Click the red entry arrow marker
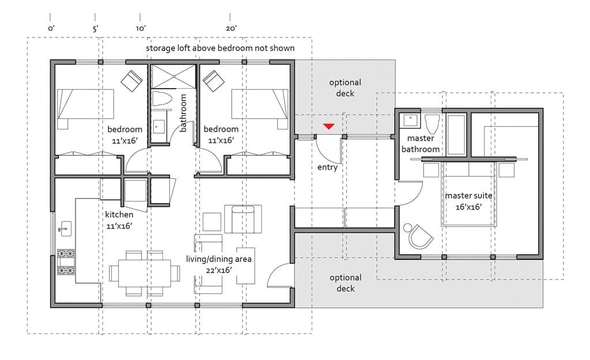point(329,126)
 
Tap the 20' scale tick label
point(231,29)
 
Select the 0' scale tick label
point(51,29)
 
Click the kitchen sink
point(66,229)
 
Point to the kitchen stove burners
point(66,262)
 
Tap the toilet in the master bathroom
point(432,123)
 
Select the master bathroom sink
point(410,120)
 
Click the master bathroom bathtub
point(456,135)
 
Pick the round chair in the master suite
point(420,236)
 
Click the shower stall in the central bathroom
point(173,77)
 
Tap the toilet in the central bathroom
point(162,98)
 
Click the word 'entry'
point(327,168)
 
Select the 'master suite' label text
point(468,196)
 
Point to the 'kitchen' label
point(119,214)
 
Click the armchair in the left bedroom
point(131,81)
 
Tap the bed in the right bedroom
point(260,109)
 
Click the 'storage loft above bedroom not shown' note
point(220,48)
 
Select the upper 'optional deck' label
point(345,88)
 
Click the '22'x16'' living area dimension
point(218,270)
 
